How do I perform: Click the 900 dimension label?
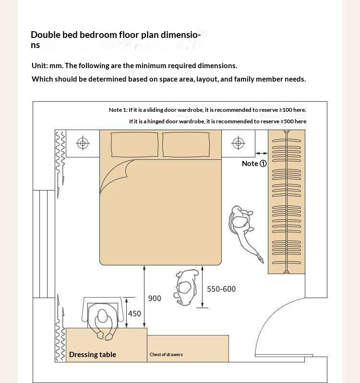pos(155,298)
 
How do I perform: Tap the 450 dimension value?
pos(134,313)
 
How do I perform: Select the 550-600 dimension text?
pos(221,289)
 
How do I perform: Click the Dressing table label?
pos(93,354)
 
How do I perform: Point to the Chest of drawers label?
pos(166,354)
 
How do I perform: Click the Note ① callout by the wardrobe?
pos(254,163)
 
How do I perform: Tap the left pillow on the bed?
pos(134,144)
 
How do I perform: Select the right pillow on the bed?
pos(186,144)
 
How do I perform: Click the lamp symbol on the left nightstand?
pos(83,143)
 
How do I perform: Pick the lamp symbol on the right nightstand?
pos(238,143)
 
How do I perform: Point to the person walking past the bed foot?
pos(186,287)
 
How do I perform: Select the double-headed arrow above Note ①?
pos(262,154)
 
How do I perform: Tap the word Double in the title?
pos(46,35)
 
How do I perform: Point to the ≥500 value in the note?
pos(287,121)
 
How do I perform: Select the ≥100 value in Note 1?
pos(286,110)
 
